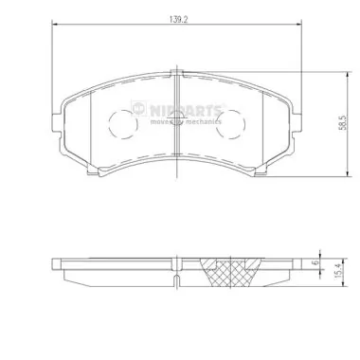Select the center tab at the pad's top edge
(x=177, y=72)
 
